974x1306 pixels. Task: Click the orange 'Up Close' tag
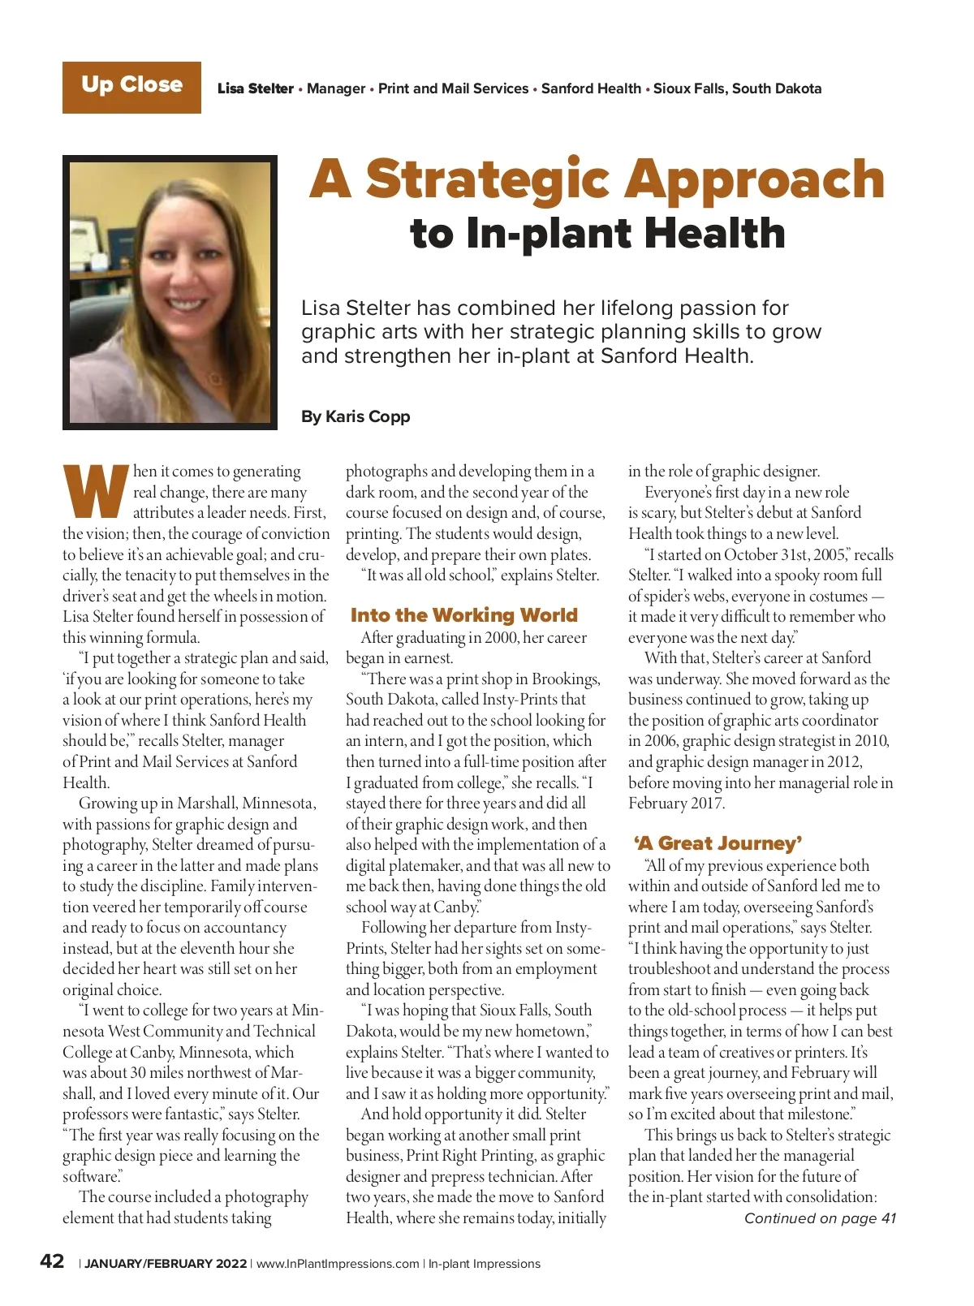click(x=131, y=87)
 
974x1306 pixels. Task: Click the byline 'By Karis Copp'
click(x=356, y=416)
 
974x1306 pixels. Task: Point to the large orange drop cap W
click(x=96, y=492)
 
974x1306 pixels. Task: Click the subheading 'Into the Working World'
click(x=463, y=615)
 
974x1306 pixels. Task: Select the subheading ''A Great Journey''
click(x=718, y=843)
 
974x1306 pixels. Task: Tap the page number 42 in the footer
click(x=53, y=1261)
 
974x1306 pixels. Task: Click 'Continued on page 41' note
click(x=820, y=1218)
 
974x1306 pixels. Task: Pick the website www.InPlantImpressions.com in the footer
click(x=338, y=1264)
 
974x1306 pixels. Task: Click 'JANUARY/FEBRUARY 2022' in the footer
click(x=166, y=1264)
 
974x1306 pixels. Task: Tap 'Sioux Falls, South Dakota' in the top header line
click(x=737, y=88)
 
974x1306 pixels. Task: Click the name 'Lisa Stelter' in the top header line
click(x=255, y=88)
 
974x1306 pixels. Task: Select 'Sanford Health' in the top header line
click(x=591, y=88)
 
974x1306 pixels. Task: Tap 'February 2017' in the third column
click(x=676, y=804)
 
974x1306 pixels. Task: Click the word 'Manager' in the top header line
click(x=336, y=88)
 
